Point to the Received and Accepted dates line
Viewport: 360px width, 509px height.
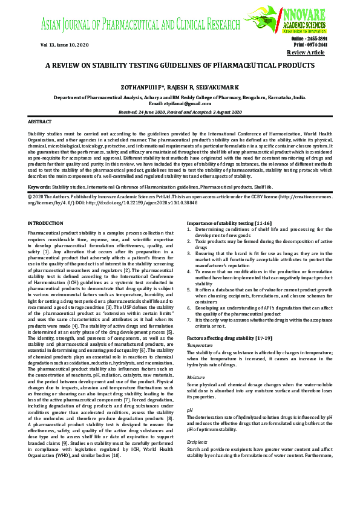(180, 112)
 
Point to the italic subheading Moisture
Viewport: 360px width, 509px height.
(196, 377)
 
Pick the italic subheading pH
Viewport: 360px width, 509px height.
(190, 410)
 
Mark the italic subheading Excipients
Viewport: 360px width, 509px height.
(197, 442)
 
